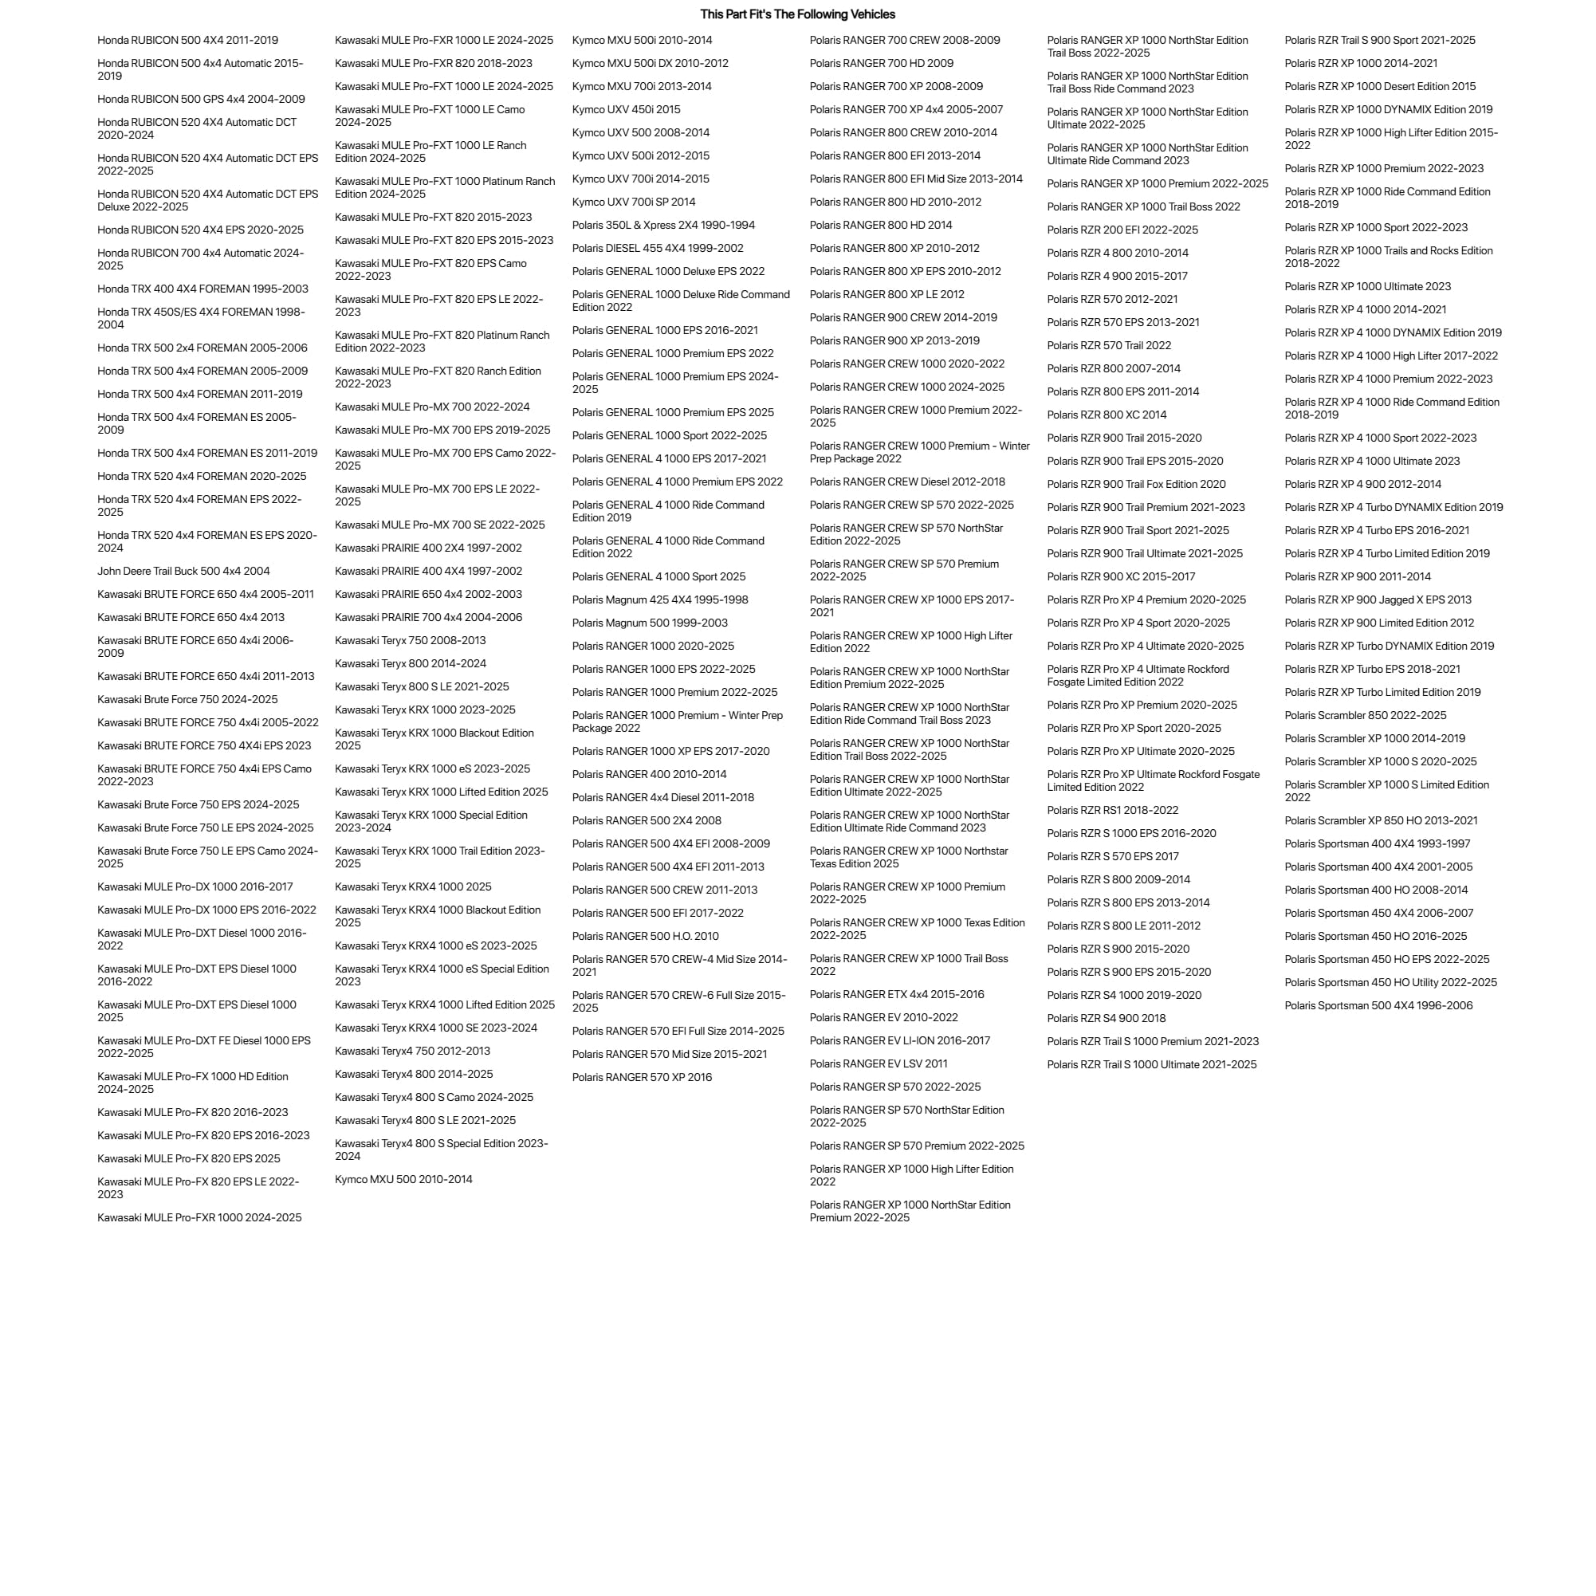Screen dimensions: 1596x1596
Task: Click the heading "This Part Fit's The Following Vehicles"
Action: (797, 14)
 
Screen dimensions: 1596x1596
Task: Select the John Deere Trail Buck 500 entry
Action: (183, 571)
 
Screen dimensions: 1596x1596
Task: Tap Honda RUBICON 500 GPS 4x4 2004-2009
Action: (201, 99)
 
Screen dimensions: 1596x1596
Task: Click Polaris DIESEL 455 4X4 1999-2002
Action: (658, 248)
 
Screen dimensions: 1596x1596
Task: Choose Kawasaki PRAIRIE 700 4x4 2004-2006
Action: (428, 617)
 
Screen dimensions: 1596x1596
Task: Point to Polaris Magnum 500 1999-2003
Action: (649, 623)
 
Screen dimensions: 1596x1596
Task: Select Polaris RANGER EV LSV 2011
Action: (879, 1064)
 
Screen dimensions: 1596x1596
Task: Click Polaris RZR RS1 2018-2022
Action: (1112, 811)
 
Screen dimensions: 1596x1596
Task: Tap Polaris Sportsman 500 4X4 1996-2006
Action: (1378, 1005)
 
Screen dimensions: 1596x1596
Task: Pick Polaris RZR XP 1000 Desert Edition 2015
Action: (1380, 86)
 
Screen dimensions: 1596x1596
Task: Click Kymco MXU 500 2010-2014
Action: (403, 1180)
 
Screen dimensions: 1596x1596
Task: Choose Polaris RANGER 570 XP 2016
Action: (642, 1077)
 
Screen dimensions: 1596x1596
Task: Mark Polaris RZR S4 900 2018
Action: (1107, 1019)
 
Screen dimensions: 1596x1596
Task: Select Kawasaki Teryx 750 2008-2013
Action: (410, 640)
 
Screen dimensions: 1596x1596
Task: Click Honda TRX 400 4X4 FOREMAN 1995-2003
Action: (202, 289)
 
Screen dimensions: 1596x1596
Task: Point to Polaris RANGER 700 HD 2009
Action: (882, 63)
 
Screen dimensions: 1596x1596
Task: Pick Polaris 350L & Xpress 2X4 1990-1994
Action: (663, 225)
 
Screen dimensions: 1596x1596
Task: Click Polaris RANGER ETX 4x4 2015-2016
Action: (896, 995)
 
